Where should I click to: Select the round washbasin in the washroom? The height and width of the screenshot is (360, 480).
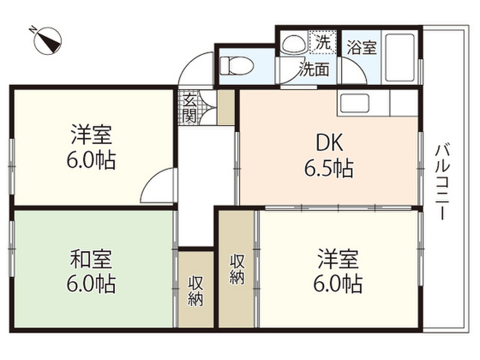(x=294, y=45)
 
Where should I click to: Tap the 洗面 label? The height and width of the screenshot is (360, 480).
(x=314, y=69)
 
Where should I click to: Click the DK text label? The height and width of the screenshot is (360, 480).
(x=330, y=142)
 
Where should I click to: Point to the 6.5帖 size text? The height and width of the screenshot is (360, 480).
(x=329, y=168)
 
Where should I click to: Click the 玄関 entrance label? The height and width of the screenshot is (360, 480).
(x=189, y=107)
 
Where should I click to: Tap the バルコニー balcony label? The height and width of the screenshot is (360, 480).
(x=443, y=182)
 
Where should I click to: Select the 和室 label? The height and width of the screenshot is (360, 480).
(x=91, y=259)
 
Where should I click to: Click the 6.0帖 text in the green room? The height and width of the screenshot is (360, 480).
(x=91, y=284)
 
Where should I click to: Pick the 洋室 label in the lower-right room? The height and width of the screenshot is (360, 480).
(x=337, y=259)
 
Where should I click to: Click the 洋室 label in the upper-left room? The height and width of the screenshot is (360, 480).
(x=91, y=135)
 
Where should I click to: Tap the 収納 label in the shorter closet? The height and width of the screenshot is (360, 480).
(x=195, y=291)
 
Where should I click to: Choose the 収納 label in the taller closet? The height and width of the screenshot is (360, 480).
(x=237, y=270)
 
